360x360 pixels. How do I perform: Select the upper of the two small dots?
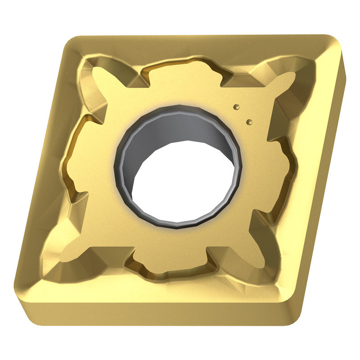pos(236,107)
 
